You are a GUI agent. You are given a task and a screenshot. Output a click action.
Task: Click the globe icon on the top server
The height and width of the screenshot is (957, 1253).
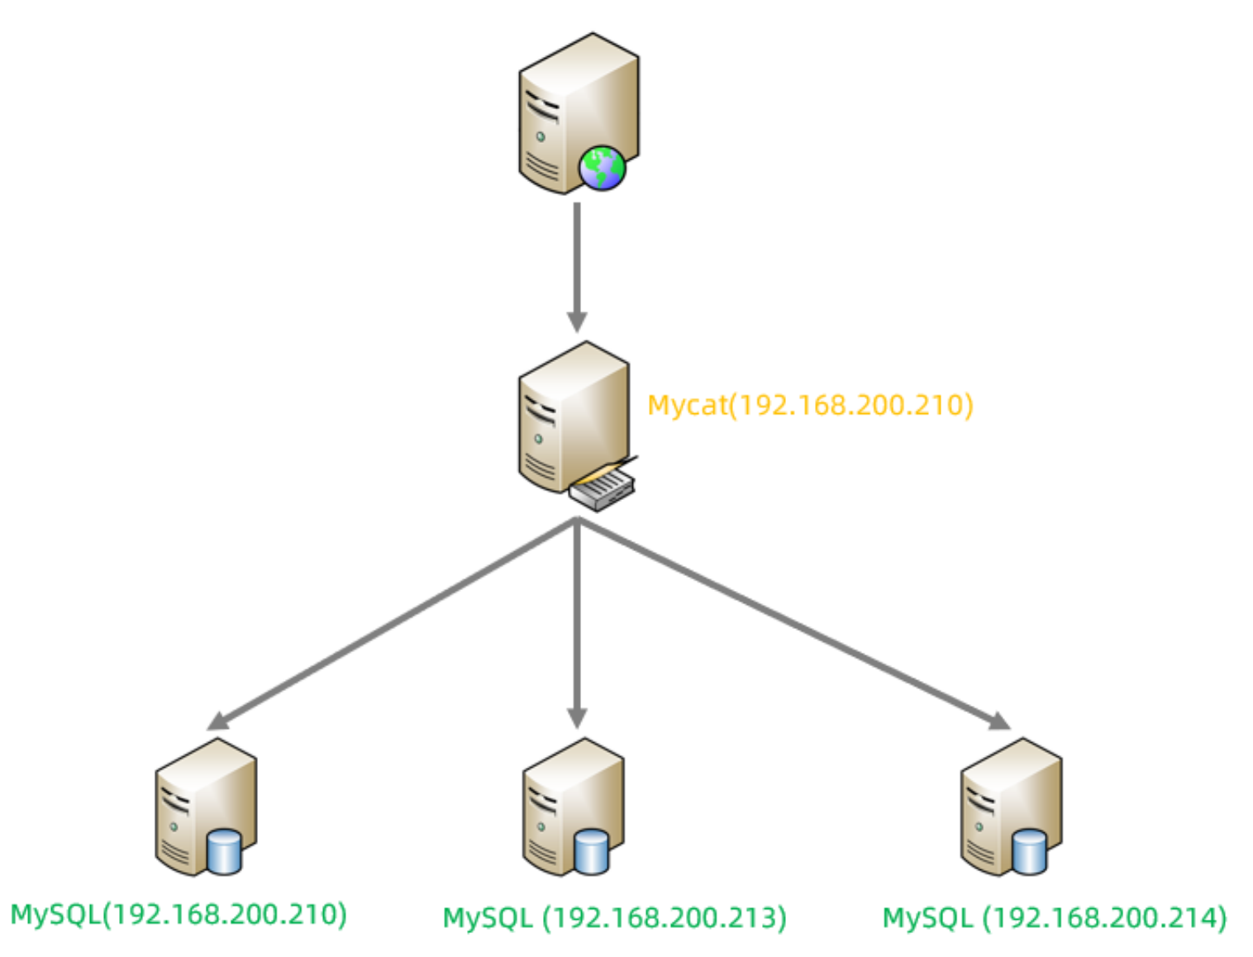click(x=602, y=168)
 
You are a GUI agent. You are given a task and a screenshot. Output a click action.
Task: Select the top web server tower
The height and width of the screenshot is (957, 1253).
click(x=570, y=107)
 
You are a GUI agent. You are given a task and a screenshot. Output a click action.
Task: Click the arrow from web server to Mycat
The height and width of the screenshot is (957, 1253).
click(x=577, y=256)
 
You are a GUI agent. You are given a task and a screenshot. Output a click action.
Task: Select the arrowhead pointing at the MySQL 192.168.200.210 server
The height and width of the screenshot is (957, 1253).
click(x=217, y=721)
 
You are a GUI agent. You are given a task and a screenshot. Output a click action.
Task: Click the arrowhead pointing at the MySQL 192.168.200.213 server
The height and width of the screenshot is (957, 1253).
click(x=577, y=717)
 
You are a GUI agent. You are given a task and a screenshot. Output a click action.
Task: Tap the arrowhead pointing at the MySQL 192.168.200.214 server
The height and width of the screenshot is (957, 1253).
click(x=1000, y=721)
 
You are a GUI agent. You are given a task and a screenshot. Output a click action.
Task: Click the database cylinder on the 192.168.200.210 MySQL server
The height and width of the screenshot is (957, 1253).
click(x=224, y=851)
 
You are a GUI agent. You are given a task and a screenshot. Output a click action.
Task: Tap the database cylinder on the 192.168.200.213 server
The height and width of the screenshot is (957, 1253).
click(x=591, y=851)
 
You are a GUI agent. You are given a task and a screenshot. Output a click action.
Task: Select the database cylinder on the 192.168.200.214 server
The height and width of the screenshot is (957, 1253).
click(x=1029, y=851)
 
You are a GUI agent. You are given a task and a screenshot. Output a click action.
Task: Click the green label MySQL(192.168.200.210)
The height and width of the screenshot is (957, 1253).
click(x=179, y=914)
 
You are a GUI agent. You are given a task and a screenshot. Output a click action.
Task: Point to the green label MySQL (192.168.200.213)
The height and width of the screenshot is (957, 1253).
click(x=615, y=917)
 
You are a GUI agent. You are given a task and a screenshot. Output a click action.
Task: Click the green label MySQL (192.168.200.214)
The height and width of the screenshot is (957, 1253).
click(x=1055, y=917)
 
